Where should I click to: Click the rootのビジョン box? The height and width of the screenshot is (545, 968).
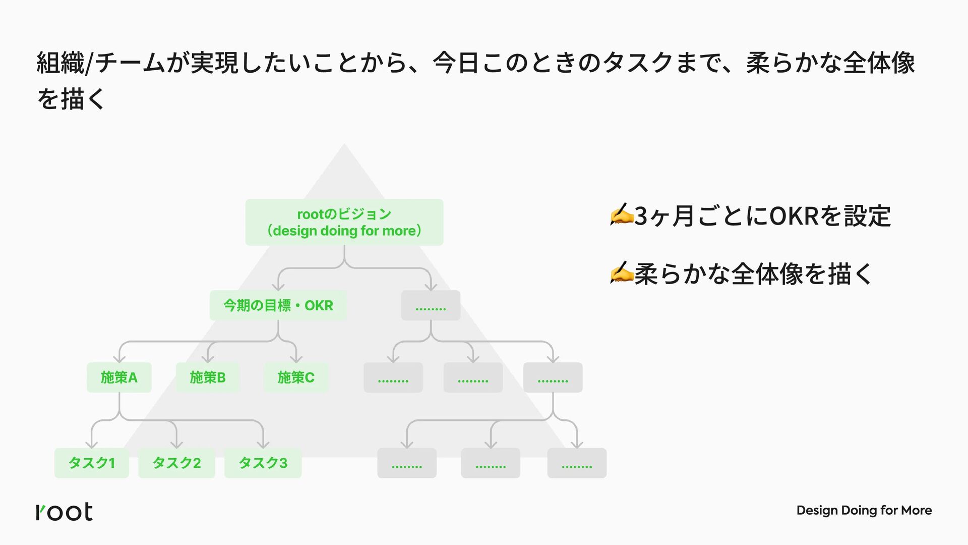tap(344, 222)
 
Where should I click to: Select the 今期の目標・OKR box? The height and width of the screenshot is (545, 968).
tap(278, 305)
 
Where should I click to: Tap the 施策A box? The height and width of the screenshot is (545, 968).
tap(119, 377)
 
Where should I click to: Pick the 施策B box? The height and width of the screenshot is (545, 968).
tap(208, 377)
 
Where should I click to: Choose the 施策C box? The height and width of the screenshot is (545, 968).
tap(296, 377)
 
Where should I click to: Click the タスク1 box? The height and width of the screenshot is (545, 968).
tap(92, 463)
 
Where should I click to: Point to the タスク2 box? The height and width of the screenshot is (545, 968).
tap(176, 463)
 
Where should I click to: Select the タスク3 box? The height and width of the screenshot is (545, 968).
tap(263, 463)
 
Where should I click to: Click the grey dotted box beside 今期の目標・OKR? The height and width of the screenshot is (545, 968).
tap(431, 305)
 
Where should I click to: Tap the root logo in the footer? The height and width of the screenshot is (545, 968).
tap(65, 512)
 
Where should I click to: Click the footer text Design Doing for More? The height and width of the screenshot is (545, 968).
tap(864, 511)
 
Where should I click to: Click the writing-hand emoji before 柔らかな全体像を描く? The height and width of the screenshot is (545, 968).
tap(621, 272)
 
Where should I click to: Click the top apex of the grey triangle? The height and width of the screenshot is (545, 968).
tap(344, 145)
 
